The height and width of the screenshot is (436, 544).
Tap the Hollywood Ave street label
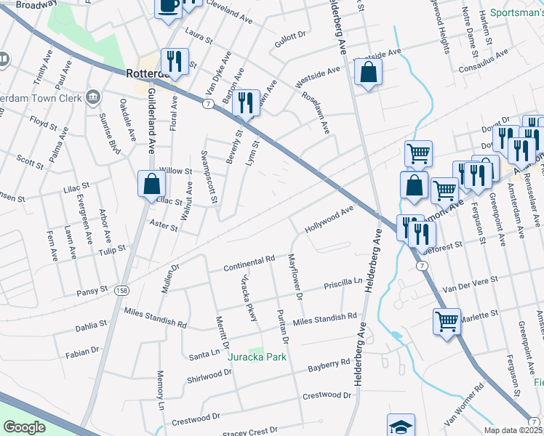329,218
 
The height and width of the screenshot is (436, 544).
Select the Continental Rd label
249,262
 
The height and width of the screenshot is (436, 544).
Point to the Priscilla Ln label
343,283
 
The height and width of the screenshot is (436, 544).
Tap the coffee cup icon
169,7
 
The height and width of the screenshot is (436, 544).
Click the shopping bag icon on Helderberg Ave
369,73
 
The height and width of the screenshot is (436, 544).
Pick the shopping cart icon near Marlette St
446,320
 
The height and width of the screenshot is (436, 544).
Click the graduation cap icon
401,426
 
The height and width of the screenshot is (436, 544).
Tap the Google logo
25,427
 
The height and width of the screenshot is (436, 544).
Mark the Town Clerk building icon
92,97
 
